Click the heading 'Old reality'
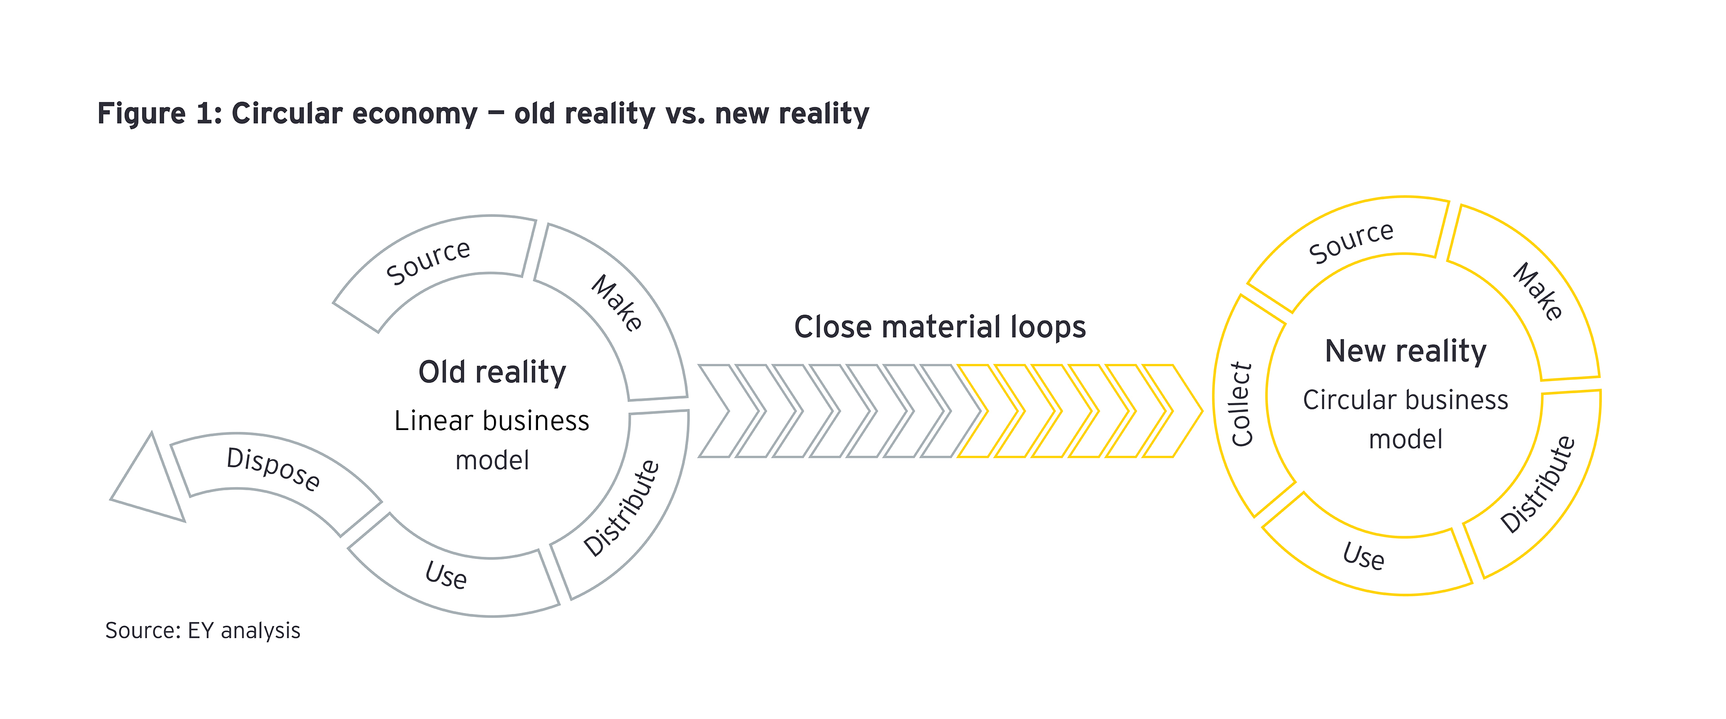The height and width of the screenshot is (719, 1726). coord(493,373)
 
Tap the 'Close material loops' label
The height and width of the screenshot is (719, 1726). coord(939,328)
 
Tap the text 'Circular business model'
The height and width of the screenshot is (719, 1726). coord(1406,419)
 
